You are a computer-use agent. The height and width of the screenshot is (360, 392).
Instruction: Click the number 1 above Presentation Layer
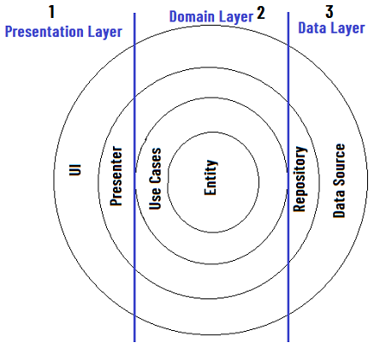(x=51, y=12)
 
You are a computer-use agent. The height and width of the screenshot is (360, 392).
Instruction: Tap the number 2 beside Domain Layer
(x=261, y=13)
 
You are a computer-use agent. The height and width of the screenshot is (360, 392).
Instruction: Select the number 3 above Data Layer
(x=330, y=12)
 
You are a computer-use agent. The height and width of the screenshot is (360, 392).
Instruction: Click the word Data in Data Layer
(x=312, y=28)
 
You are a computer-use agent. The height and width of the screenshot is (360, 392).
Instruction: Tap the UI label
(x=75, y=169)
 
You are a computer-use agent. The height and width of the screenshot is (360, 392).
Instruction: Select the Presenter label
(x=116, y=176)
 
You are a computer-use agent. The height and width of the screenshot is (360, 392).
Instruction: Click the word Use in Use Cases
(x=155, y=198)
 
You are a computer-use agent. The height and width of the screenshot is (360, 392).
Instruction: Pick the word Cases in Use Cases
(x=156, y=166)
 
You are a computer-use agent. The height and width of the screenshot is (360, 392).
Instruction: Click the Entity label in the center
(x=211, y=177)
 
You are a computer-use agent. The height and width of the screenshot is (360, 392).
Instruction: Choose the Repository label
(x=300, y=179)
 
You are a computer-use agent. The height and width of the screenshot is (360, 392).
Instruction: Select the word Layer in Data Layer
(x=346, y=29)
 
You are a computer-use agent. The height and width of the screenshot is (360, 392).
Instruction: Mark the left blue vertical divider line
(x=134, y=177)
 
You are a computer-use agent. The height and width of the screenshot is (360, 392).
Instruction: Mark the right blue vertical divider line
(x=288, y=177)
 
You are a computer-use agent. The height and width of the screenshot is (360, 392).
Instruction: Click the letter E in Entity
(x=211, y=192)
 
